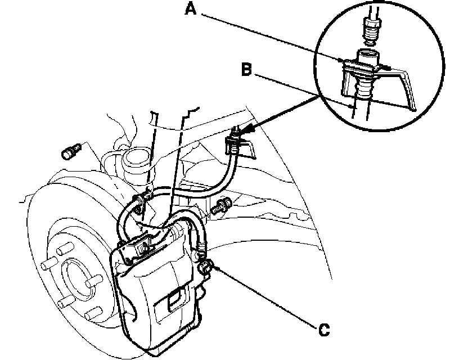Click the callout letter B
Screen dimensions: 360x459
point(245,70)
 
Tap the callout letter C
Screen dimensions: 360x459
point(322,328)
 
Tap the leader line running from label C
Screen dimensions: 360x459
point(264,298)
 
